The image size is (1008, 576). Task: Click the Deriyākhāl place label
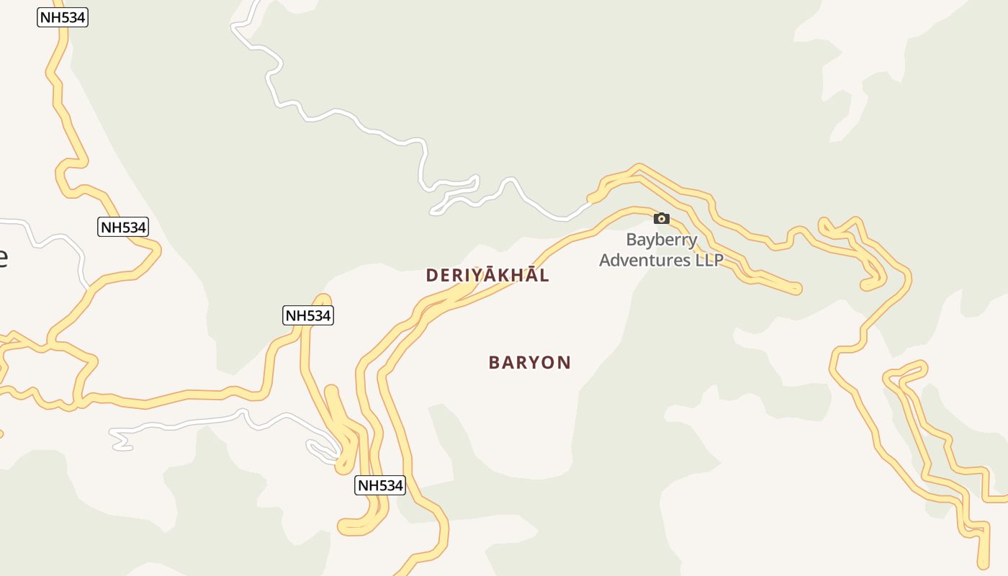(487, 275)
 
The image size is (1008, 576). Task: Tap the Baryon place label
(529, 362)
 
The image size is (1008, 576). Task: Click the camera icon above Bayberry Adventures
(661, 219)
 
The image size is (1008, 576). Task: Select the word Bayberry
(661, 240)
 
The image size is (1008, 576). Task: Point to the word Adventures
(645, 260)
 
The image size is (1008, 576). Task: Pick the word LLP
(708, 260)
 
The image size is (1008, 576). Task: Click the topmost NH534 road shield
(63, 17)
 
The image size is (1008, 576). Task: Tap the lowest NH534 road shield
(380, 485)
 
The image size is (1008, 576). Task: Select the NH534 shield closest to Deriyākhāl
(308, 315)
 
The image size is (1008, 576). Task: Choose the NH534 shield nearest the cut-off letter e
(123, 228)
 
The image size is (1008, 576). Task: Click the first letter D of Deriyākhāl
(432, 276)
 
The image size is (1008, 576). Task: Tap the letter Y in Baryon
(531, 363)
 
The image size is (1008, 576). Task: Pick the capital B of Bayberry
(631, 240)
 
